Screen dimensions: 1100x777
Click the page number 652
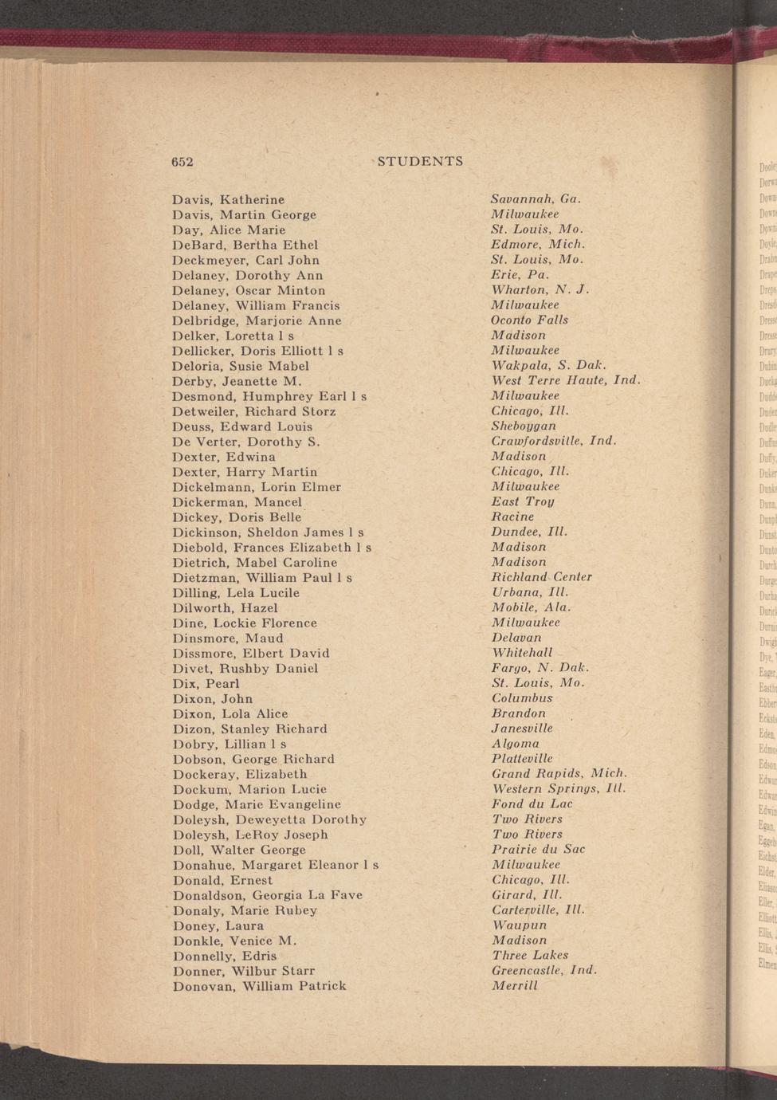[x=182, y=162]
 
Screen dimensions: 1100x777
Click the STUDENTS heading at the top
[x=420, y=162]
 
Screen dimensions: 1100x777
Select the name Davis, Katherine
[x=228, y=199]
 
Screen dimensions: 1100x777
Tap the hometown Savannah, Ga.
[x=536, y=198]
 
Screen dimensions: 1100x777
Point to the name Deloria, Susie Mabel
[x=241, y=366]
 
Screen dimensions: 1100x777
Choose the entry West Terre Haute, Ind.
[x=566, y=380]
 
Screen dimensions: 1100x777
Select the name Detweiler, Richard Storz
[x=254, y=411]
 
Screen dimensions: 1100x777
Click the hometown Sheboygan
[x=524, y=426]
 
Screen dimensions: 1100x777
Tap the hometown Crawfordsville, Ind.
[x=554, y=441]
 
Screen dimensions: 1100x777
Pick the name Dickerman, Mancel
[x=237, y=502]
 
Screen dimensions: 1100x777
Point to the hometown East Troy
[x=522, y=501]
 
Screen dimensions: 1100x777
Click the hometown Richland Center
[x=542, y=576]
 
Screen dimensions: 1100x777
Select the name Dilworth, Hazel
[x=225, y=607]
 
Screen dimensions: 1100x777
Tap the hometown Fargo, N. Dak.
[x=540, y=667]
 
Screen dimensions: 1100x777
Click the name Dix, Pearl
[x=206, y=683]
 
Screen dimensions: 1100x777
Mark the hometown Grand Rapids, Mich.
[x=559, y=773]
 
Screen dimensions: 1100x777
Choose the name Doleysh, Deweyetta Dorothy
[x=269, y=819]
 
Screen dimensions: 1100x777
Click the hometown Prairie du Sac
[x=538, y=849]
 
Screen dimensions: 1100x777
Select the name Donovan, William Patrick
[x=260, y=986]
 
